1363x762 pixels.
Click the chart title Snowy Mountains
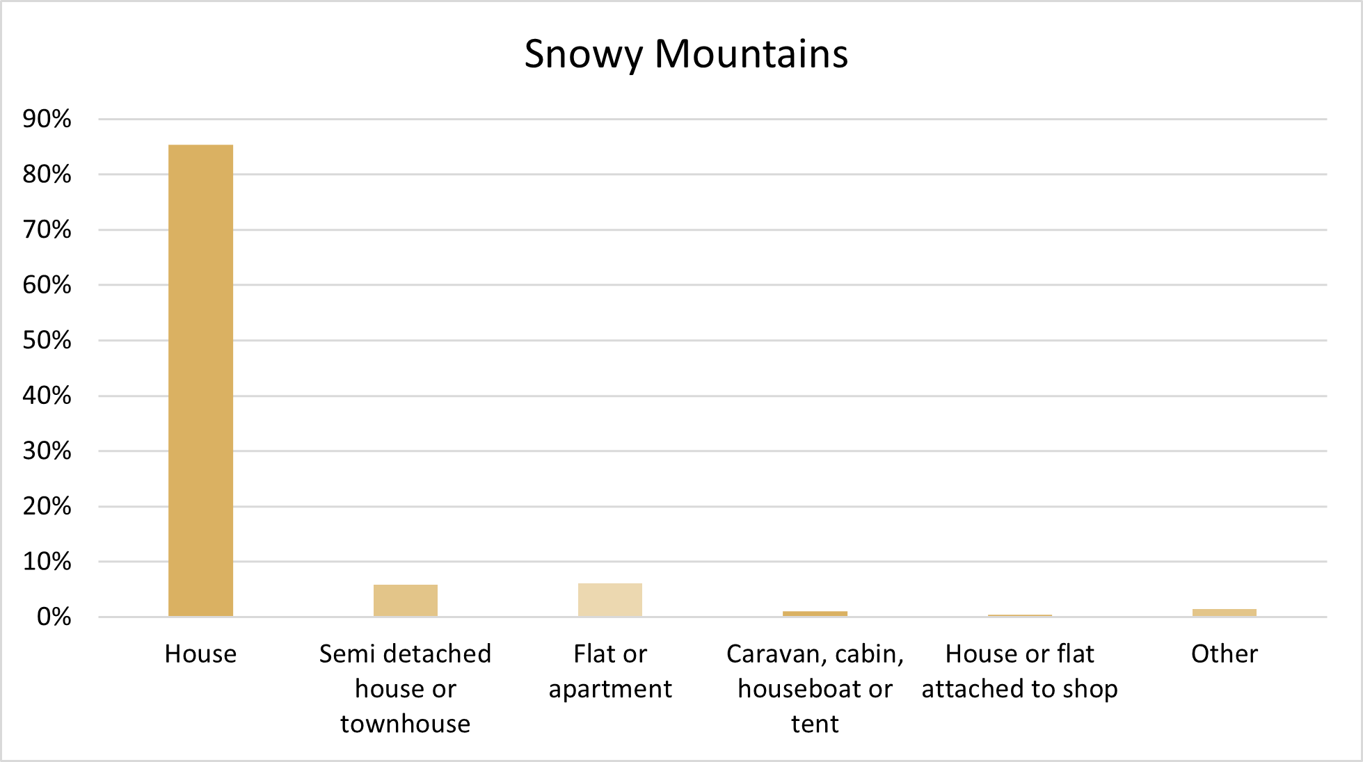click(686, 54)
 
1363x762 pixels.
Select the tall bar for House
click(200, 380)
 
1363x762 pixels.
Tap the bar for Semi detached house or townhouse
click(406, 601)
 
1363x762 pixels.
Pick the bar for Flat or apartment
click(610, 600)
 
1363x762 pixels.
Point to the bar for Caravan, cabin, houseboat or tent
click(815, 614)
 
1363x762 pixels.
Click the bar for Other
click(1225, 613)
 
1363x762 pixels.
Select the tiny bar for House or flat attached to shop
click(1020, 615)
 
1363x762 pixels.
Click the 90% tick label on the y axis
click(47, 119)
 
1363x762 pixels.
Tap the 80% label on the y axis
click(47, 174)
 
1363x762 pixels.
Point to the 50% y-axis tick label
click(47, 340)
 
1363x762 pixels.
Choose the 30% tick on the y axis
click(47, 451)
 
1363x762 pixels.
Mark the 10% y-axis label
click(47, 561)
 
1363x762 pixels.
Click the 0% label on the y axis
click(54, 617)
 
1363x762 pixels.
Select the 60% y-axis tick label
click(47, 284)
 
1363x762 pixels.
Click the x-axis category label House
click(200, 654)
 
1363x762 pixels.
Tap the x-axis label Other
click(1225, 654)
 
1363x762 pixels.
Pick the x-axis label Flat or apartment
click(610, 672)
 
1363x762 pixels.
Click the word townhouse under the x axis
click(406, 724)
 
